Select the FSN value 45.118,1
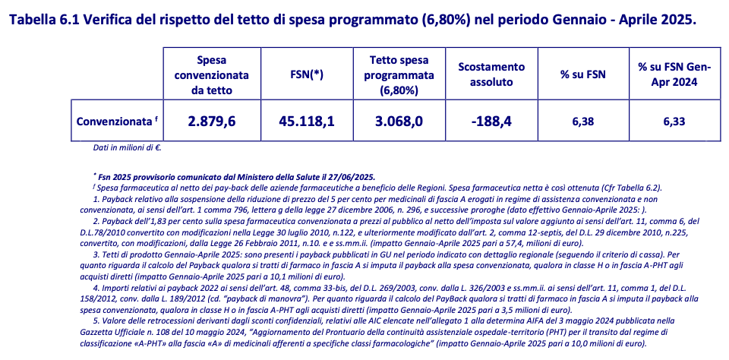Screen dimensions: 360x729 306,121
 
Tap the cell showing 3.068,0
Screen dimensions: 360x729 400,121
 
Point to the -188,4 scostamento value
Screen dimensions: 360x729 491,121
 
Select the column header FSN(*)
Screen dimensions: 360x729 306,74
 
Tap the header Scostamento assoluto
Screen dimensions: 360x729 491,74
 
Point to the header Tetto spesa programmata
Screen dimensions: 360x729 400,74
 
